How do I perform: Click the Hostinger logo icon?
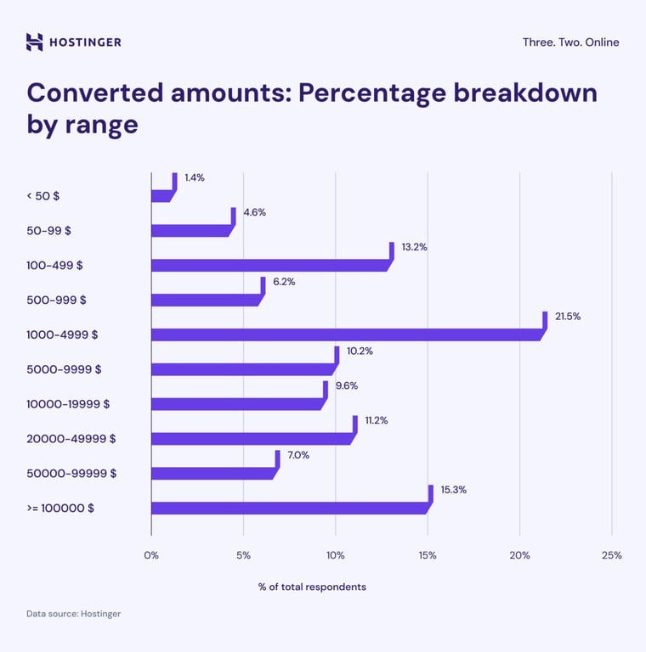pos(34,42)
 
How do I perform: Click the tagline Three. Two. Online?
pos(570,42)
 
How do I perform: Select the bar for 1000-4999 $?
pos(347,334)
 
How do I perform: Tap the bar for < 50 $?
pos(161,195)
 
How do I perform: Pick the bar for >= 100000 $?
pos(289,508)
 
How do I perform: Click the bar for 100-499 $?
pos(270,265)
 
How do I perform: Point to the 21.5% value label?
pos(568,316)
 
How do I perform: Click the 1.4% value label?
pos(195,177)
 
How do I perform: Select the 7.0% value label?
pos(298,455)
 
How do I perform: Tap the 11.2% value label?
pos(377,420)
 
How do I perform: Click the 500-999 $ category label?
pos(56,300)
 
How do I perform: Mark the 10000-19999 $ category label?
pos(68,404)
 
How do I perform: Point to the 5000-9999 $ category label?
pos(64,369)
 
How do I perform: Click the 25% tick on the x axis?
pos(611,555)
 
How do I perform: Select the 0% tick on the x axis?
pos(151,555)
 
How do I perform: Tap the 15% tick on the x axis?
pos(428,555)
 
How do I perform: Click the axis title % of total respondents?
pos(312,587)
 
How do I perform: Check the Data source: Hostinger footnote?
pos(73,613)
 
